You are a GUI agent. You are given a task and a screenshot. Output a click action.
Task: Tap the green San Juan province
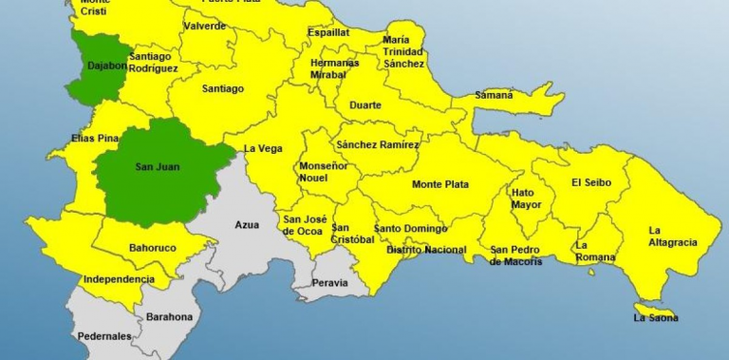tap(158, 168)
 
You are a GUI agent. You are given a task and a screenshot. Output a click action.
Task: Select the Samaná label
tap(495, 95)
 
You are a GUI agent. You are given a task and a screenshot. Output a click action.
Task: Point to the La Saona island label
tap(656, 317)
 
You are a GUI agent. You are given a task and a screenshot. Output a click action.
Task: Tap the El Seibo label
tap(591, 182)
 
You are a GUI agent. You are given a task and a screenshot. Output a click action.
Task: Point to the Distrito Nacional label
tap(426, 250)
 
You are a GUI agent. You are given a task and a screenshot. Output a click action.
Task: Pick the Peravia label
tap(330, 283)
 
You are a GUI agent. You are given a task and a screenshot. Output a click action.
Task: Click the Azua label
tap(247, 225)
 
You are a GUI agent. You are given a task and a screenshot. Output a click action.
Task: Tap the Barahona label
tap(169, 316)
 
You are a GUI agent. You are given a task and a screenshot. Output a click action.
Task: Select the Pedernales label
tap(104, 336)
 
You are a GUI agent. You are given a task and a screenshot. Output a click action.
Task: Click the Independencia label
tap(119, 279)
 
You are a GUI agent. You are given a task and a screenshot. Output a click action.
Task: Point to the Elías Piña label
tap(95, 139)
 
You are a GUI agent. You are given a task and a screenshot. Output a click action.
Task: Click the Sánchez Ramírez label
tap(377, 144)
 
